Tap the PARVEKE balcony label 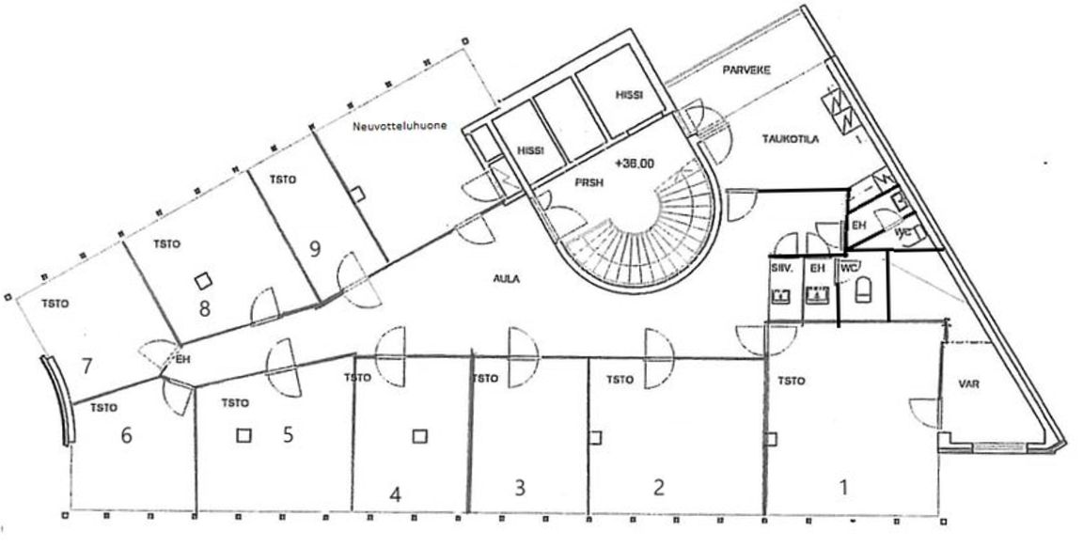pos(747,71)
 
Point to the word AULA pos(506,279)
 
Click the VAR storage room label pos(970,383)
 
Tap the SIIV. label pos(781,268)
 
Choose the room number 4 pos(396,494)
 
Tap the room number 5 pos(289,434)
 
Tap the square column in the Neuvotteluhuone pos(357,193)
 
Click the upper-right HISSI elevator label pos(626,94)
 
